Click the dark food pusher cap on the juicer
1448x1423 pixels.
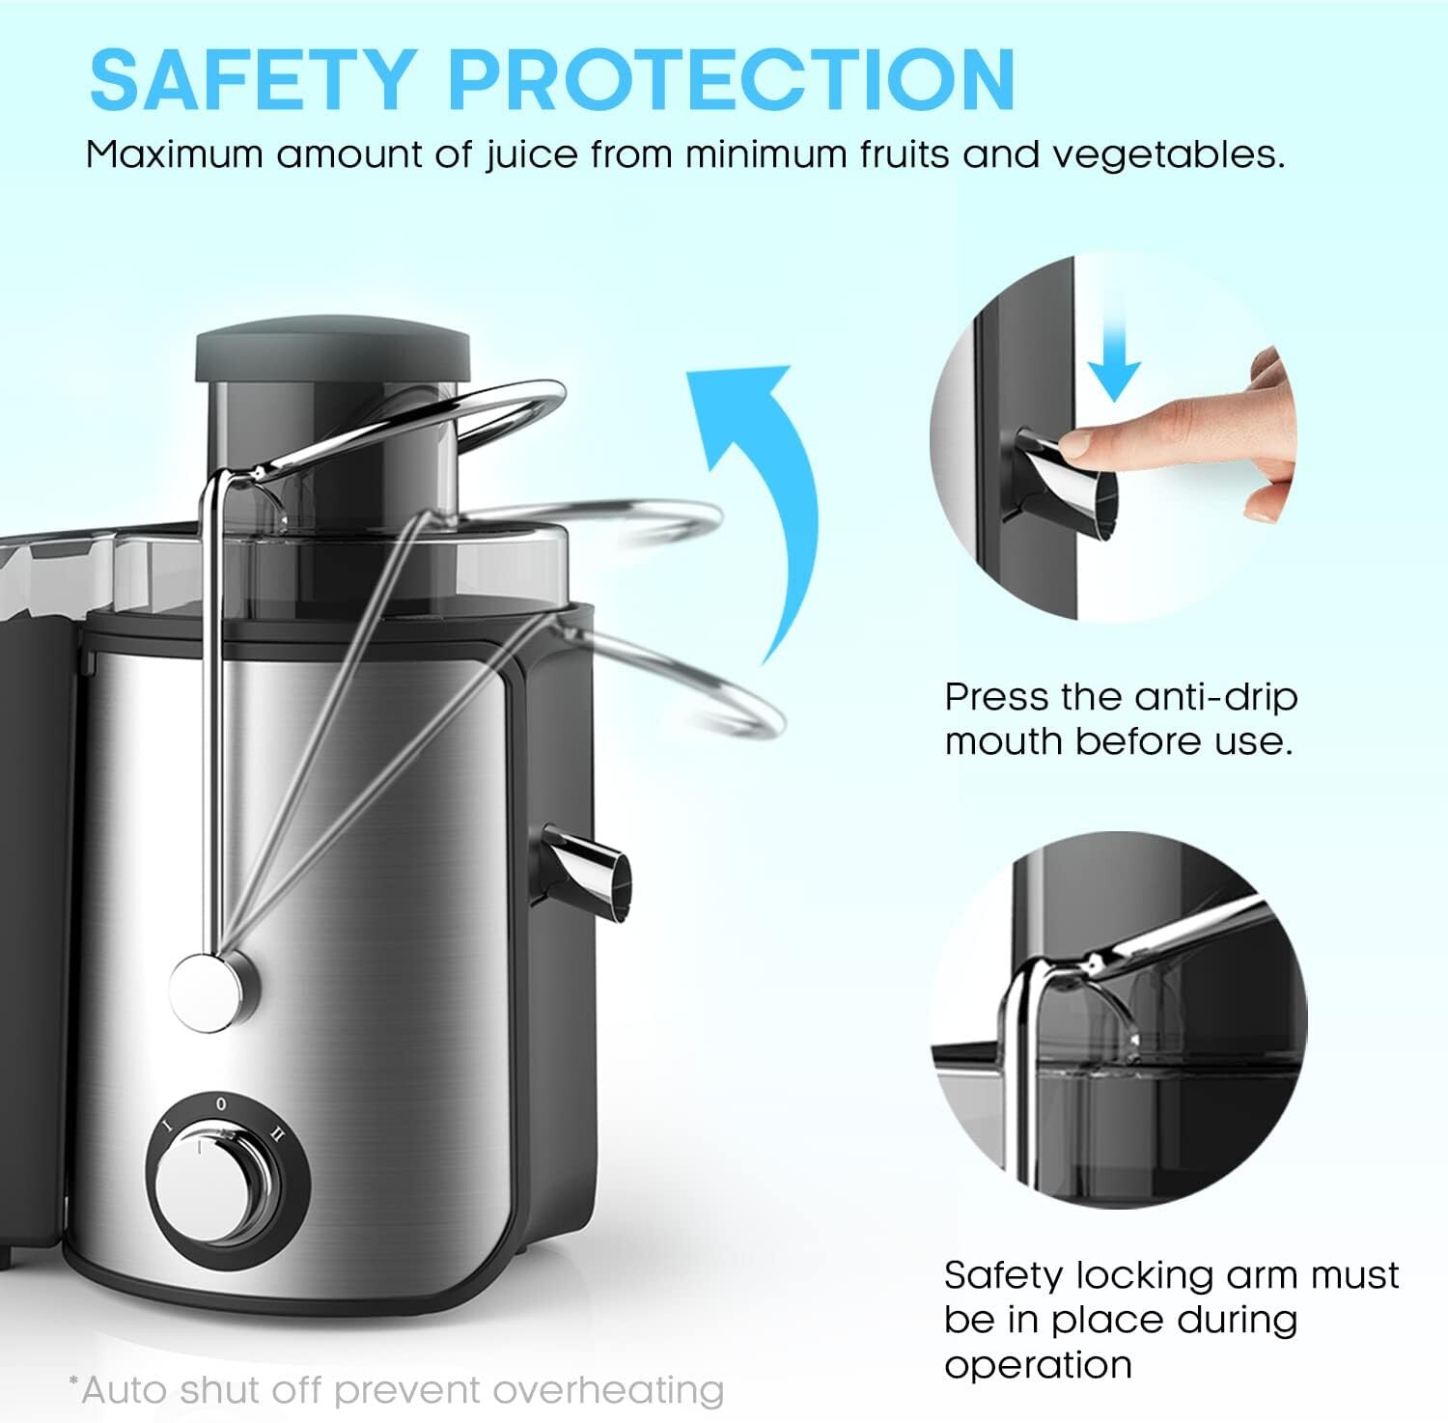pos(332,354)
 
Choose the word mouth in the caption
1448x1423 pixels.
pos(1004,741)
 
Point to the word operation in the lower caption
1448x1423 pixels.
pos(1038,1365)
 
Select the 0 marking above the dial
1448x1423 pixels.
pos(221,1102)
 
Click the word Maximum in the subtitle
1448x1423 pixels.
pos(174,154)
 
